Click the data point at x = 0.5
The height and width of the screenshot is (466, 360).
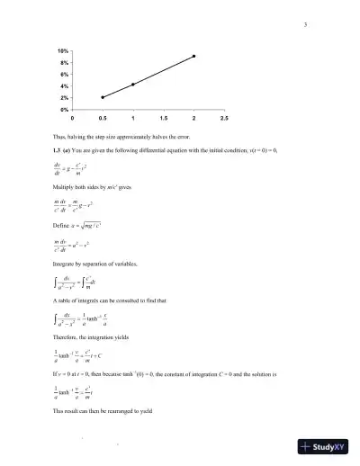[103, 96]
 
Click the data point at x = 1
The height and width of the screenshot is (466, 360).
[133, 85]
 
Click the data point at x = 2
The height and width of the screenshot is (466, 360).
[193, 56]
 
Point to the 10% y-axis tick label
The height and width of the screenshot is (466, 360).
[62, 52]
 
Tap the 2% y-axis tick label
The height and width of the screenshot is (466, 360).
[64, 97]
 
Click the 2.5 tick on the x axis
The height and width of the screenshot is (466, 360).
[224, 118]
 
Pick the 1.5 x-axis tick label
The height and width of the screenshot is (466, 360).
[163, 118]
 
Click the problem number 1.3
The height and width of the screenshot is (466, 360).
[58, 149]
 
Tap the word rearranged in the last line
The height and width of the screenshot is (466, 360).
[118, 410]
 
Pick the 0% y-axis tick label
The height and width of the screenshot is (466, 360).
[64, 108]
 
